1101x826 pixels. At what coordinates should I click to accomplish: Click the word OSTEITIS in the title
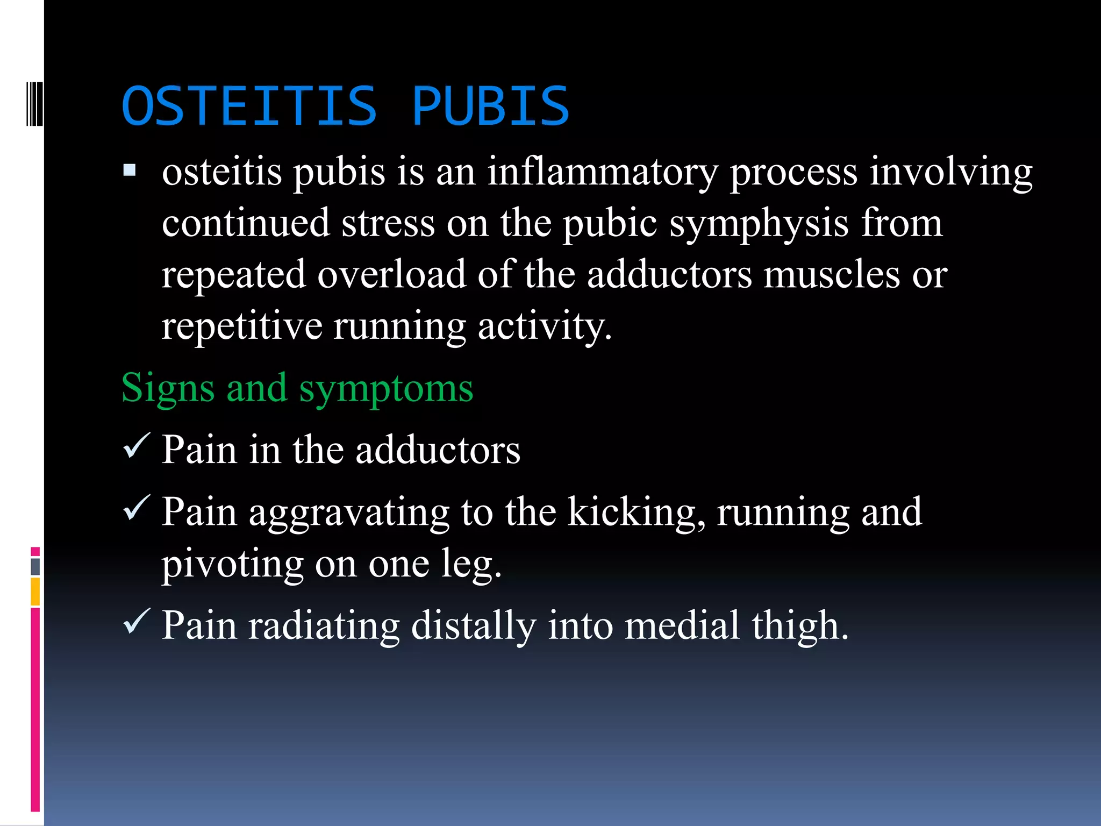click(249, 106)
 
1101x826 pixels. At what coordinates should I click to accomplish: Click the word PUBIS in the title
click(490, 106)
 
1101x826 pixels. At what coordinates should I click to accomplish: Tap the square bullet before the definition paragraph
click(130, 171)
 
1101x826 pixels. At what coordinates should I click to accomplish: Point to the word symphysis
click(759, 224)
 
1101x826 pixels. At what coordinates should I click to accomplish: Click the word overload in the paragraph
click(391, 274)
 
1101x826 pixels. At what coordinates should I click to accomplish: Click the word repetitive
click(242, 326)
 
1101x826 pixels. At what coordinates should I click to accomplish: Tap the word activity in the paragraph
click(544, 326)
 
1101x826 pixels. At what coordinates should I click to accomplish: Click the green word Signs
click(168, 388)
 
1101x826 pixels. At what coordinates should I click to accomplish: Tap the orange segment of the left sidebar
click(35, 591)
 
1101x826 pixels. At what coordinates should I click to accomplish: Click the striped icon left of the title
click(34, 103)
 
